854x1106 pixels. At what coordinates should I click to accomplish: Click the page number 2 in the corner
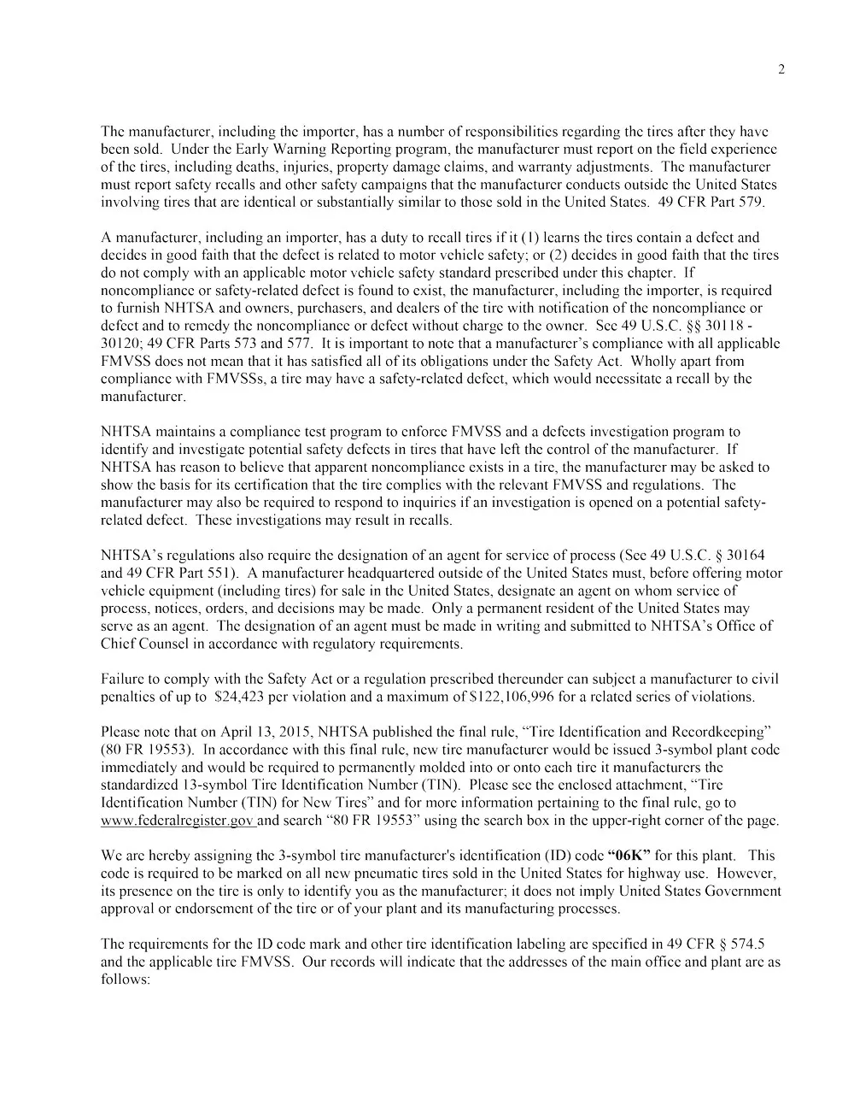click(x=781, y=70)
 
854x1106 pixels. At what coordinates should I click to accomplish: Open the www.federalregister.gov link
click(x=178, y=821)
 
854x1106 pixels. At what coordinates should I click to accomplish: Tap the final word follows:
click(x=126, y=979)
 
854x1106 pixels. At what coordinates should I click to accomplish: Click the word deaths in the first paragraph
click(x=237, y=168)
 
